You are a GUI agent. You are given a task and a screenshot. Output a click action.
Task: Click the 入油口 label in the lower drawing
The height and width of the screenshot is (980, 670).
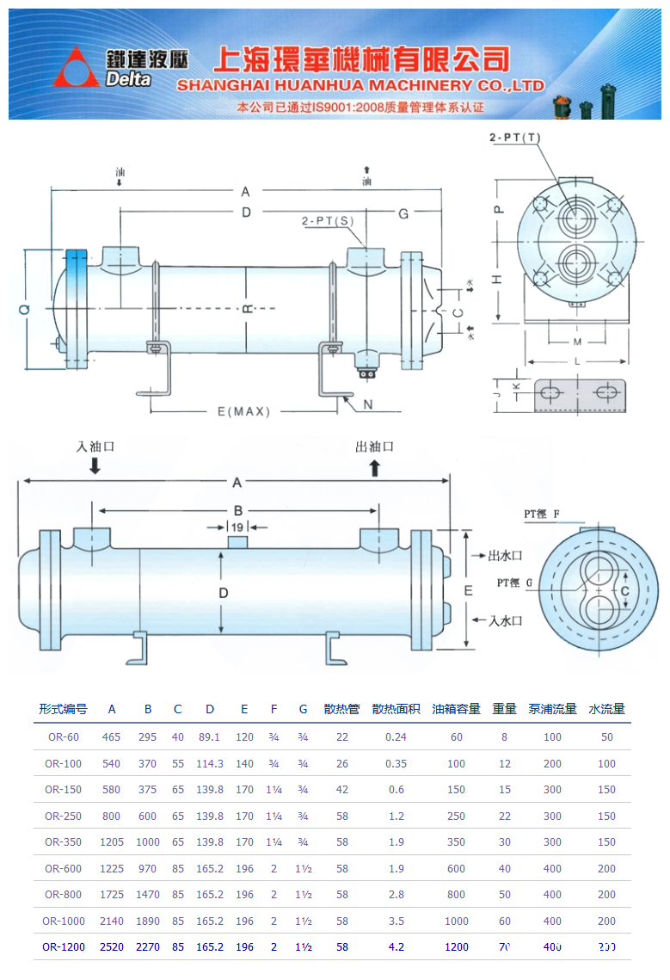(x=95, y=447)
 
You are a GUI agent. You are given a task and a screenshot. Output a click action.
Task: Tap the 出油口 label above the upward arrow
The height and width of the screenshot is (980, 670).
(x=374, y=447)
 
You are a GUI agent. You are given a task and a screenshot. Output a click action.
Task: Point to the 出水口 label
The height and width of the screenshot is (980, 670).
(x=505, y=556)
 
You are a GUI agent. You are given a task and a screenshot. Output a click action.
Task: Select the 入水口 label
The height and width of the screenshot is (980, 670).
(x=506, y=619)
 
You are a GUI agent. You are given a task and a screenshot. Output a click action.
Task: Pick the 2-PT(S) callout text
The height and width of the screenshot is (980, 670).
(x=329, y=221)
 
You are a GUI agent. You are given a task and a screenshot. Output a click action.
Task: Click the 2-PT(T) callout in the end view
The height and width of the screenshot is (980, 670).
(x=515, y=138)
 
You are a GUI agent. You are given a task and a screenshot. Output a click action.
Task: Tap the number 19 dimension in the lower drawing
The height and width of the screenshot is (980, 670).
(x=237, y=527)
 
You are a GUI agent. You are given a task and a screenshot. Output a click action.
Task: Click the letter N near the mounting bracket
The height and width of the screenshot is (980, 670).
(x=367, y=404)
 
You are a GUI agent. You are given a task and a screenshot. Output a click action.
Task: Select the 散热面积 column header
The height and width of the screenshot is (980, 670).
(x=396, y=709)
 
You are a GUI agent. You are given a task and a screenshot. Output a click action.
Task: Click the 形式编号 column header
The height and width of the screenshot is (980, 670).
(x=63, y=709)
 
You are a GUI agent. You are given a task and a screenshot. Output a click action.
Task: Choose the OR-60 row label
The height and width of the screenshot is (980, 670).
(x=63, y=737)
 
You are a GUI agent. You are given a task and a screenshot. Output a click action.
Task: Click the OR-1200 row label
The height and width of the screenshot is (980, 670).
(x=63, y=946)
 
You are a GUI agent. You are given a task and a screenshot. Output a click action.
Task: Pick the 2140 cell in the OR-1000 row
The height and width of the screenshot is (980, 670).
(x=112, y=921)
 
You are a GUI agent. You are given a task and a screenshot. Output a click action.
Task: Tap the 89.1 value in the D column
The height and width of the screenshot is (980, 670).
(x=209, y=737)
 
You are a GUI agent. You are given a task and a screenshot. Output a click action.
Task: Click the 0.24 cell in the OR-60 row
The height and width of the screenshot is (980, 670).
(x=396, y=737)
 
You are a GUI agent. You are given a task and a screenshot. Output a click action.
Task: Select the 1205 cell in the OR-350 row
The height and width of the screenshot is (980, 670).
(x=112, y=841)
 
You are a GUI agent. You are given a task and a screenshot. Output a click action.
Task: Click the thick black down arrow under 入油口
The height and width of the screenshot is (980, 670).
(x=95, y=466)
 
